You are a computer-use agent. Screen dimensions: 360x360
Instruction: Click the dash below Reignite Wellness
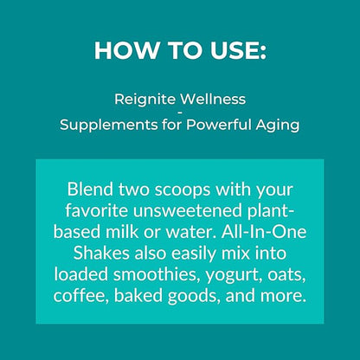click(180, 112)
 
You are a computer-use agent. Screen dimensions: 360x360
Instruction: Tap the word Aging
click(278, 125)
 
